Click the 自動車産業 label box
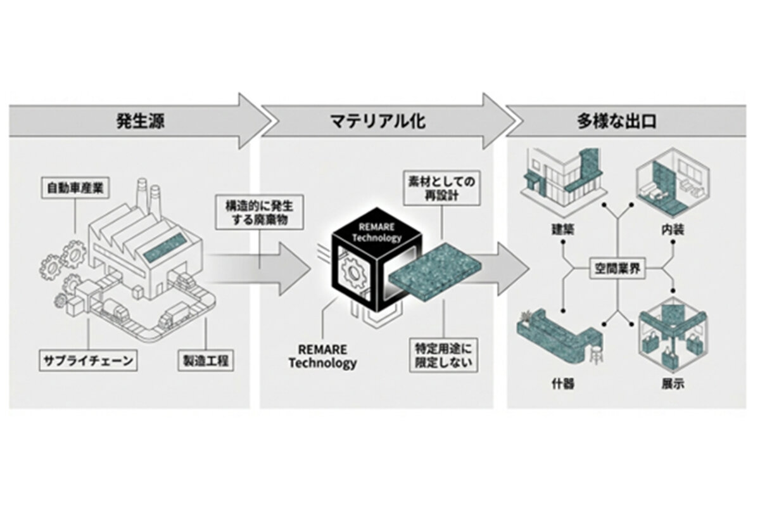[75, 188]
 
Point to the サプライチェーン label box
[88, 361]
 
